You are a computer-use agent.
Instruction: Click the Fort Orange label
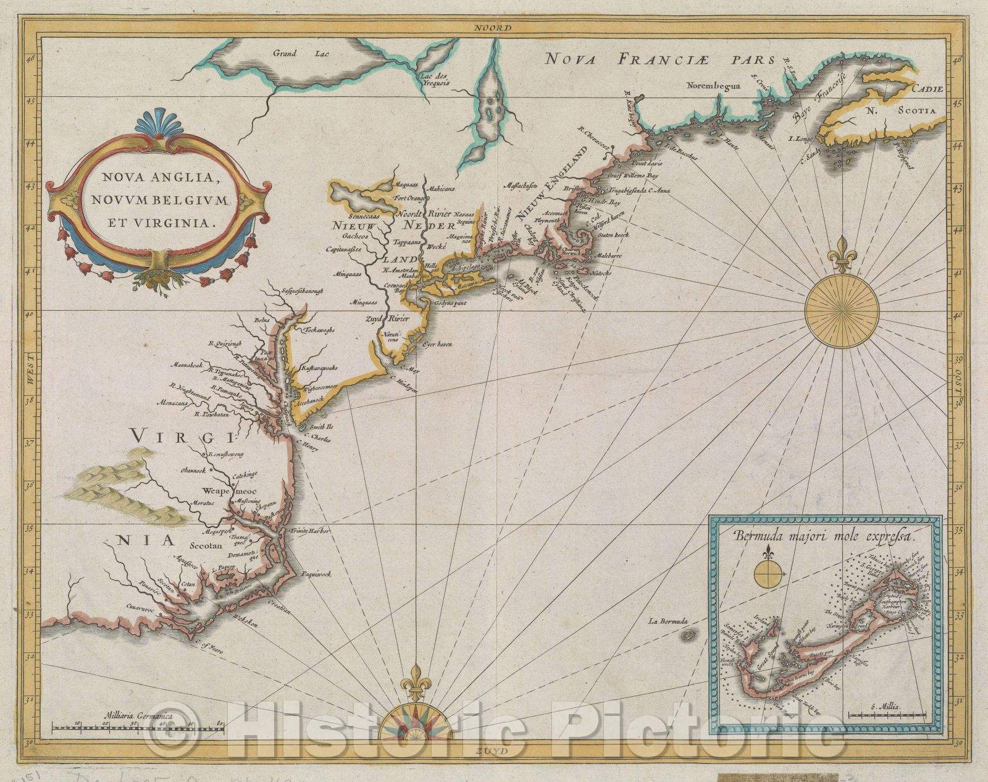pyautogui.click(x=408, y=199)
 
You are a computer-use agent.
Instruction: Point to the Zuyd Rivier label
pyautogui.click(x=383, y=319)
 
